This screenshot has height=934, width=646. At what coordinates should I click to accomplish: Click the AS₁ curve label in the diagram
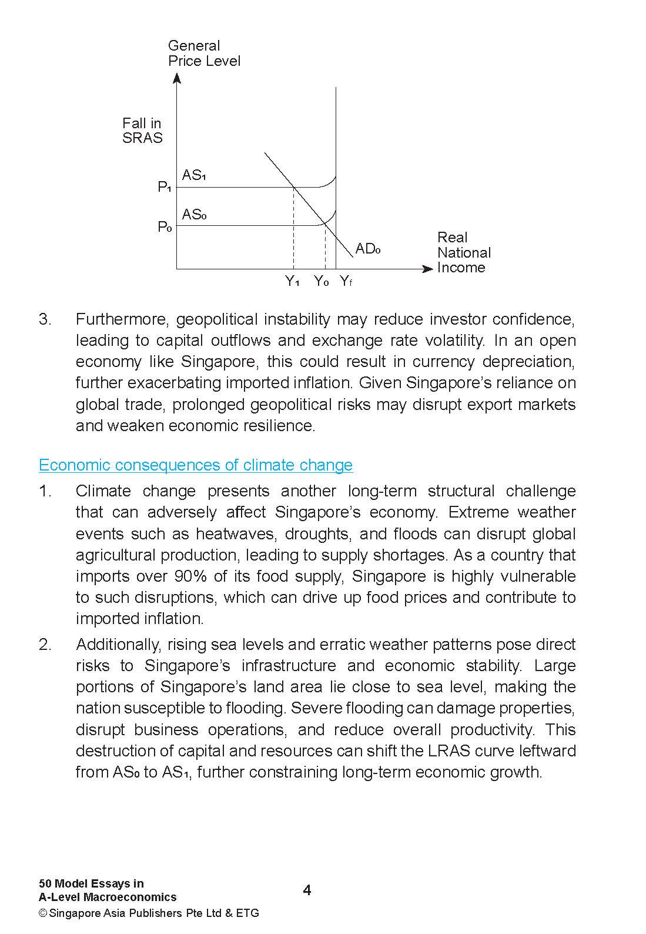(194, 175)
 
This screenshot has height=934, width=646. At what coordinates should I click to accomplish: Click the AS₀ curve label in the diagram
(194, 214)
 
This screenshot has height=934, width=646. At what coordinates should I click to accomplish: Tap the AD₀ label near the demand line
(368, 249)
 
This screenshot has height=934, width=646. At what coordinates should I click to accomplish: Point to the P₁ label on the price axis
(164, 187)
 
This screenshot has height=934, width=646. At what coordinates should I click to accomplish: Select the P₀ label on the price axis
(164, 226)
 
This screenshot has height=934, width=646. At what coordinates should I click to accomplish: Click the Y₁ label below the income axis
(293, 281)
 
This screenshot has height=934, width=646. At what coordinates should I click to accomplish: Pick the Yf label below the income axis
(346, 281)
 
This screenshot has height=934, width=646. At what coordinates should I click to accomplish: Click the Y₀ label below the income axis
(321, 281)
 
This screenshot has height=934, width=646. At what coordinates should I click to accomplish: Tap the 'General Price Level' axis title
(203, 54)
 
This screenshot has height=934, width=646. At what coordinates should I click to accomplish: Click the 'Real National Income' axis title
(463, 252)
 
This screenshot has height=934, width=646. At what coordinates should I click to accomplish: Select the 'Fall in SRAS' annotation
(142, 131)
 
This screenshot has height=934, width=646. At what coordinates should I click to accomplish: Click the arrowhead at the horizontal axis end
(428, 269)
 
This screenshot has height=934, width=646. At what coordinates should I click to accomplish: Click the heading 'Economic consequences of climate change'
(196, 465)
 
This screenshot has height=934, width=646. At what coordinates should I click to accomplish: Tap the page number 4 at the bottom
(307, 890)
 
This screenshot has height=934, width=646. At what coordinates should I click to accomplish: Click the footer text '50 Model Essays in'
(91, 883)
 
